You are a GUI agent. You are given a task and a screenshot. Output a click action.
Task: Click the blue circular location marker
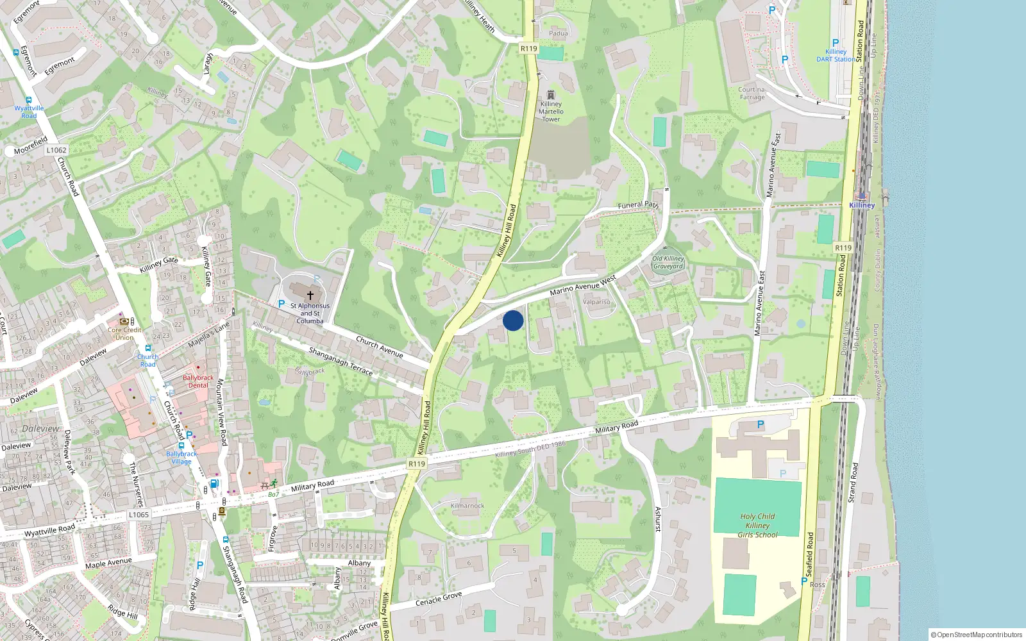tap(513, 320)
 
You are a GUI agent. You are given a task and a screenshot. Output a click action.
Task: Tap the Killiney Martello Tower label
tap(551, 112)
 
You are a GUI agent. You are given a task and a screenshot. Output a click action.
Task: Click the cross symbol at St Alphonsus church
tap(310, 296)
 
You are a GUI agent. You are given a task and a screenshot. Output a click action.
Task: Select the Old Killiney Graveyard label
tap(668, 263)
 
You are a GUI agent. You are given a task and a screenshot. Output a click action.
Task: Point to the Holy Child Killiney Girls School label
tap(757, 525)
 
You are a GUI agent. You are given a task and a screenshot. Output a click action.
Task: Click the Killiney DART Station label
tap(836, 55)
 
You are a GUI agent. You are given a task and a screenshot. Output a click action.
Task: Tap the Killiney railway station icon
tap(861, 196)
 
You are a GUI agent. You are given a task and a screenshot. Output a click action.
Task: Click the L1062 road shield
tap(56, 150)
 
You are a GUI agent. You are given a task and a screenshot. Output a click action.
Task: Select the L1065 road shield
tap(139, 514)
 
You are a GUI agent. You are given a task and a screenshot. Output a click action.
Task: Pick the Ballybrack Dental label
tap(198, 381)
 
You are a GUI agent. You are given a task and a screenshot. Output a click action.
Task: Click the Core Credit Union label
tap(124, 334)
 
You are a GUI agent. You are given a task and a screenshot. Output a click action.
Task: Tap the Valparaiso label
tap(596, 301)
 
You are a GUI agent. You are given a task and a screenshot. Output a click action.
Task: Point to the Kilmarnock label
tap(467, 506)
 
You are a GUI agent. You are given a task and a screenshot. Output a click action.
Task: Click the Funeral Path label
tap(638, 205)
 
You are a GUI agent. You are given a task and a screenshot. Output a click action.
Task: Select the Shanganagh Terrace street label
tap(341, 361)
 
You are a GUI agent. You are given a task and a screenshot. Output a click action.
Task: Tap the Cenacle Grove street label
tap(439, 599)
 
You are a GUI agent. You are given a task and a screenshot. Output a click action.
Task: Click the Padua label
tap(559, 33)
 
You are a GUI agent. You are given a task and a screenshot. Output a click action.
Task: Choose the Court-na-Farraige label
tap(752, 94)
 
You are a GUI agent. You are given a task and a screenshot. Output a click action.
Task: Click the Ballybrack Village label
tap(181, 458)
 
